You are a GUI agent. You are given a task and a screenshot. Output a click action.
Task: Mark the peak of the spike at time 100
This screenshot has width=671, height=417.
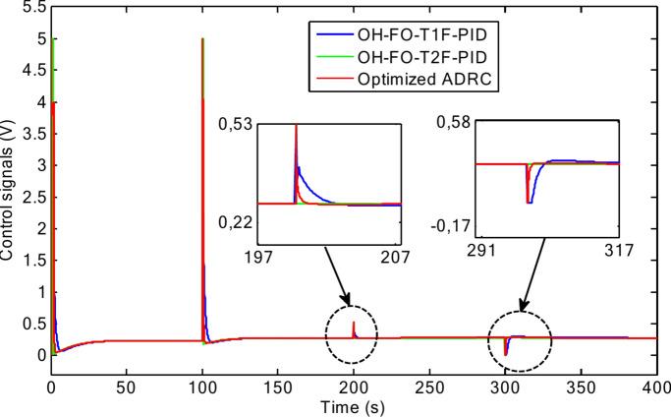pos(202,39)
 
